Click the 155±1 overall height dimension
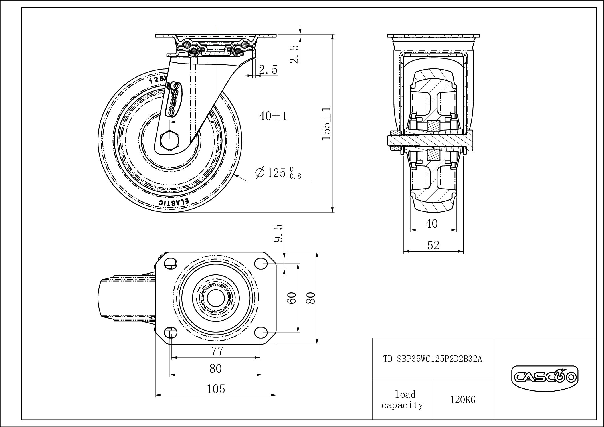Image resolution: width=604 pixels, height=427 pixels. tap(326, 123)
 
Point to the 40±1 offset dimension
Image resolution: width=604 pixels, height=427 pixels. tap(273, 116)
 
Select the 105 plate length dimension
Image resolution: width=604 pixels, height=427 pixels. tap(216, 389)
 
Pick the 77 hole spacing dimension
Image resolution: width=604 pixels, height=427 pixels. tap(217, 351)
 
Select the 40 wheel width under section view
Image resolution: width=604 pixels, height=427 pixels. tap(431, 224)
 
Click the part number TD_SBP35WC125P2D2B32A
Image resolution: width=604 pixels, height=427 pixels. tap(433, 359)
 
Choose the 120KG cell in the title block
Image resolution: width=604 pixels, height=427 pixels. tap(463, 400)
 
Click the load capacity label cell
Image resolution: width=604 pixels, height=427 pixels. tap(402, 400)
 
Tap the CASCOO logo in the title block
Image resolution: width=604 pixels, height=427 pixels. tap(544, 378)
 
